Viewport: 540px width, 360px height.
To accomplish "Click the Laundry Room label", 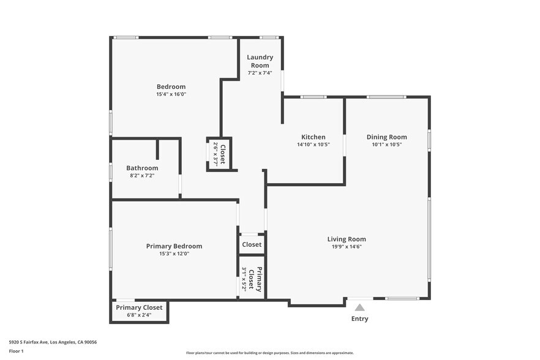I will (260, 61).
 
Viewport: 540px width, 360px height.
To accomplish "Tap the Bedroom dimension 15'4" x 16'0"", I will (171, 94).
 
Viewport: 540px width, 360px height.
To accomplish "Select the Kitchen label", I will (313, 137).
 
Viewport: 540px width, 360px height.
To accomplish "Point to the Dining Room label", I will (386, 137).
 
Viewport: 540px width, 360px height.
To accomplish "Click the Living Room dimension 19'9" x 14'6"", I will (347, 247).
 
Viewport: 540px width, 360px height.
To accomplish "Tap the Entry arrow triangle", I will (360, 307).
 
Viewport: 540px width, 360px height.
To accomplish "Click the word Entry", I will (360, 318).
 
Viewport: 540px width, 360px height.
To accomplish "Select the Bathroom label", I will (142, 168).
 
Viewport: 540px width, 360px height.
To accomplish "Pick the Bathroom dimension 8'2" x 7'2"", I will (142, 176).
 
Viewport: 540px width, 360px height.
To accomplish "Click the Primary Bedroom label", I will (174, 246).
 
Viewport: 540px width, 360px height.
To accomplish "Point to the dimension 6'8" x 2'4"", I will (139, 315).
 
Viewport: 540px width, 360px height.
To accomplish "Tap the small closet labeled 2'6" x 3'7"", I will (219, 154).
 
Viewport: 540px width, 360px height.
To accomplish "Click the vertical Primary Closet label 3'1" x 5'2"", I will (252, 280).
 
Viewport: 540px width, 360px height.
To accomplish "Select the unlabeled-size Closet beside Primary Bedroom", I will (252, 244).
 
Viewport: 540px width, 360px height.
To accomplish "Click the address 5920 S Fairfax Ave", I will (53, 342).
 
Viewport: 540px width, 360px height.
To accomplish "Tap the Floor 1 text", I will (16, 351).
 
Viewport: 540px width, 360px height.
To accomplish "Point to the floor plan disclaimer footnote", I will (269, 353).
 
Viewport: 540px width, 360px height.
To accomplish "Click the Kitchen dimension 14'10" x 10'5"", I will (313, 145).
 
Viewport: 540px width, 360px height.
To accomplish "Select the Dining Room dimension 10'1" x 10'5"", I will (386, 145).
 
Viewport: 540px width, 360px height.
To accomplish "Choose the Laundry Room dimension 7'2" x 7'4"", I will (260, 73).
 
